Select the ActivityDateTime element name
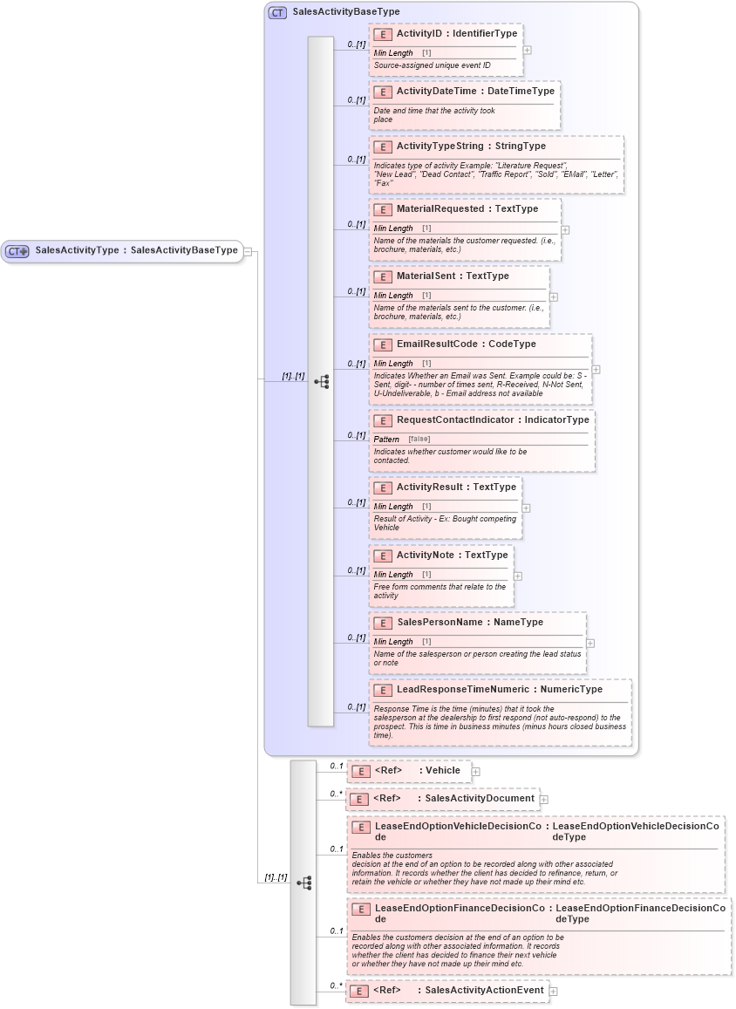(437, 91)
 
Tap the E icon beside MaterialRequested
(382, 209)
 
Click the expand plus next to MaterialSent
(554, 297)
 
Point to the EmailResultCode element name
(437, 344)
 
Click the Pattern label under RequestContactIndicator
(386, 439)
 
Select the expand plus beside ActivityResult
(526, 508)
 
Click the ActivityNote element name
(427, 555)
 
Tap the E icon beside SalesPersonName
(382, 623)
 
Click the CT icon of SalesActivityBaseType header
(277, 12)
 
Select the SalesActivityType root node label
(77, 250)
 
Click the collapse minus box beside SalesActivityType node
(248, 251)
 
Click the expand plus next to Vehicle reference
(475, 771)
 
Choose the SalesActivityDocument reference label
(479, 798)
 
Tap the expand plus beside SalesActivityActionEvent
(553, 991)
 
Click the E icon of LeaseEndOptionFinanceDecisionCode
(360, 909)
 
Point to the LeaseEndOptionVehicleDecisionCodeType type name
(636, 830)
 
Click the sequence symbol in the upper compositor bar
(321, 381)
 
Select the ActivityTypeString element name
(440, 146)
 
